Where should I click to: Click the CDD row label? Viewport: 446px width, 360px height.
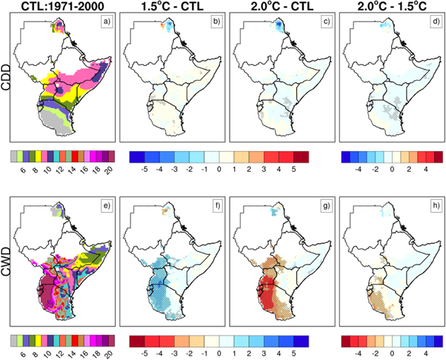point(7,81)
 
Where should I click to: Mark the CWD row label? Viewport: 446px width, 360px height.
point(7,260)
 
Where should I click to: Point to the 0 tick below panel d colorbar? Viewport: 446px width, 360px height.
point(390,169)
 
